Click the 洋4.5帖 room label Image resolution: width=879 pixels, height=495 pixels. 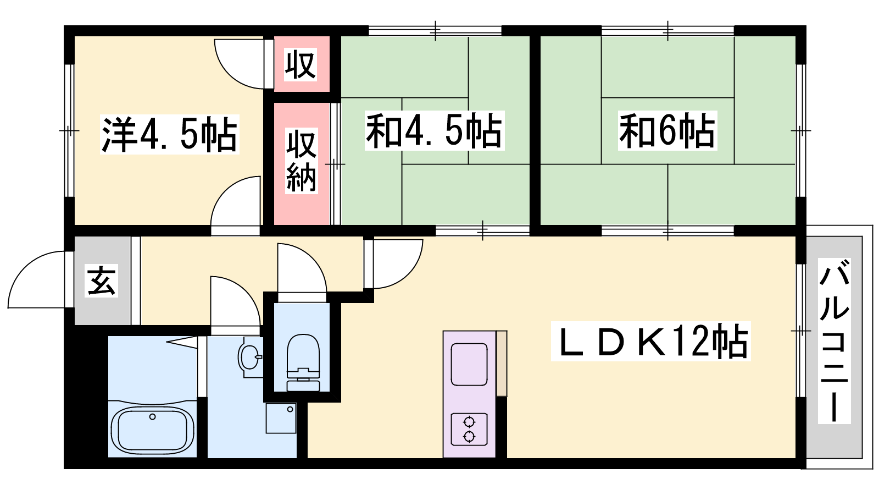(170, 134)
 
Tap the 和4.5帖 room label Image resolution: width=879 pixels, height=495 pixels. (435, 130)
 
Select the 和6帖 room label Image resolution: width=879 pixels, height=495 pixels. (667, 130)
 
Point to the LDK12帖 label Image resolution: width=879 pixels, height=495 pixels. (650, 341)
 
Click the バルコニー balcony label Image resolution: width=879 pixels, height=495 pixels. (835, 340)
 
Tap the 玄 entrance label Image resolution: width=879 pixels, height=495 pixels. (102, 281)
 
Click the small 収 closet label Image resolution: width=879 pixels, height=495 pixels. (300, 64)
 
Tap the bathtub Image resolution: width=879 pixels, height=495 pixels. (152, 430)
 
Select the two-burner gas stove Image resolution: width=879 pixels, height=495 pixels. (469, 429)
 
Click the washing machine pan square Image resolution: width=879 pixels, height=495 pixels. (281, 418)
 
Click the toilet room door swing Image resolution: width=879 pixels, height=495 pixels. (302, 268)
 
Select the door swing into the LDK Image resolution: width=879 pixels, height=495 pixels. (398, 263)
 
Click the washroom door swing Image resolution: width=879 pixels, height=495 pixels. (236, 301)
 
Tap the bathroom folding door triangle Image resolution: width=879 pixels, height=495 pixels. (182, 342)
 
